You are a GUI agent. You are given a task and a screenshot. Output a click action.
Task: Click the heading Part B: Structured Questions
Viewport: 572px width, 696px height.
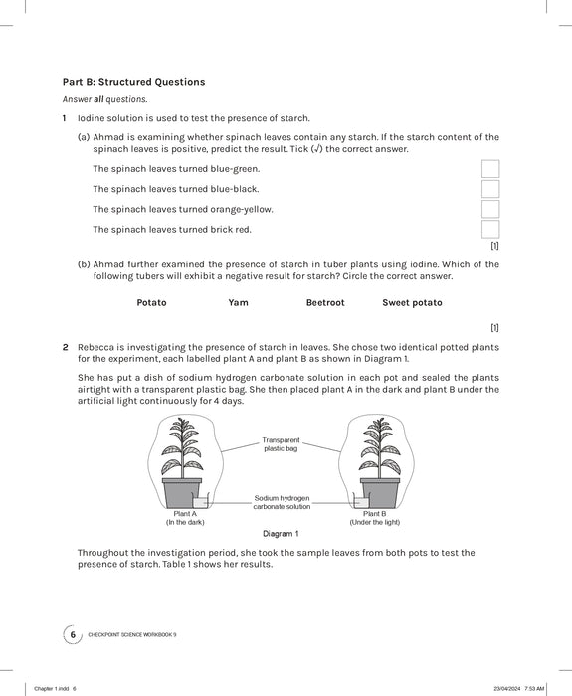click(x=133, y=81)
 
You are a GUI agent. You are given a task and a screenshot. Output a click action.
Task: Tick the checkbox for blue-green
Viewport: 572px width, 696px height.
click(x=489, y=169)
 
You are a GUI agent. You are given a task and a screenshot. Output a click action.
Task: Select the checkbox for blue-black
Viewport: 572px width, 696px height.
click(x=489, y=189)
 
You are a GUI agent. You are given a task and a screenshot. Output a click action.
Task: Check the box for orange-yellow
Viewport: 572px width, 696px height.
click(x=489, y=209)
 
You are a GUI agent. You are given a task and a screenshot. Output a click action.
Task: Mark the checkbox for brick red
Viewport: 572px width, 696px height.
click(x=489, y=229)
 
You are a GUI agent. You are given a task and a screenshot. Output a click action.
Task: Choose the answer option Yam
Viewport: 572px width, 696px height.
click(x=238, y=302)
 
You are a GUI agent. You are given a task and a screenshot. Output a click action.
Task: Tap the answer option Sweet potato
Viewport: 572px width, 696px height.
click(x=412, y=302)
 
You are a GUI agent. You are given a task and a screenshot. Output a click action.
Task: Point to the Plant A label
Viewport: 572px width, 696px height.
click(x=185, y=514)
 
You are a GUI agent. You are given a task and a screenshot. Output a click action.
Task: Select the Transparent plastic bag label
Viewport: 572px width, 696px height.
click(x=282, y=443)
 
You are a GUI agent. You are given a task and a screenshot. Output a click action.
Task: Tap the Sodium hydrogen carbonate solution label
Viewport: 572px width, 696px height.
click(x=282, y=501)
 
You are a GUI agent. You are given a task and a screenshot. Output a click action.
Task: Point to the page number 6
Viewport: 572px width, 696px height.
click(x=71, y=634)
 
